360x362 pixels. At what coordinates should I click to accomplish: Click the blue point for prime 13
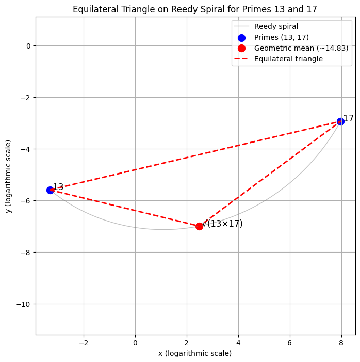point(50,190)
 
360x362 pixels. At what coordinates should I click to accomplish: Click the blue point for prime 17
point(340,121)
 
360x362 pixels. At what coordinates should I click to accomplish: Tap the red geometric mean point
point(199,226)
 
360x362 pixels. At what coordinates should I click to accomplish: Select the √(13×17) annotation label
point(222,224)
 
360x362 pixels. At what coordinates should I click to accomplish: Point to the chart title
point(195,9)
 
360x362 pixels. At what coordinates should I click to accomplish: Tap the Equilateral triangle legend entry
point(288,59)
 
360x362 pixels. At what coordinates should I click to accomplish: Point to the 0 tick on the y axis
point(28,45)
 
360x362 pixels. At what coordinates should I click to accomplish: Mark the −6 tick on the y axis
point(24,200)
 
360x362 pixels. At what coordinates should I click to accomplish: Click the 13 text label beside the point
point(58,187)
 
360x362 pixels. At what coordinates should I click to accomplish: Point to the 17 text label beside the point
point(349,118)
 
